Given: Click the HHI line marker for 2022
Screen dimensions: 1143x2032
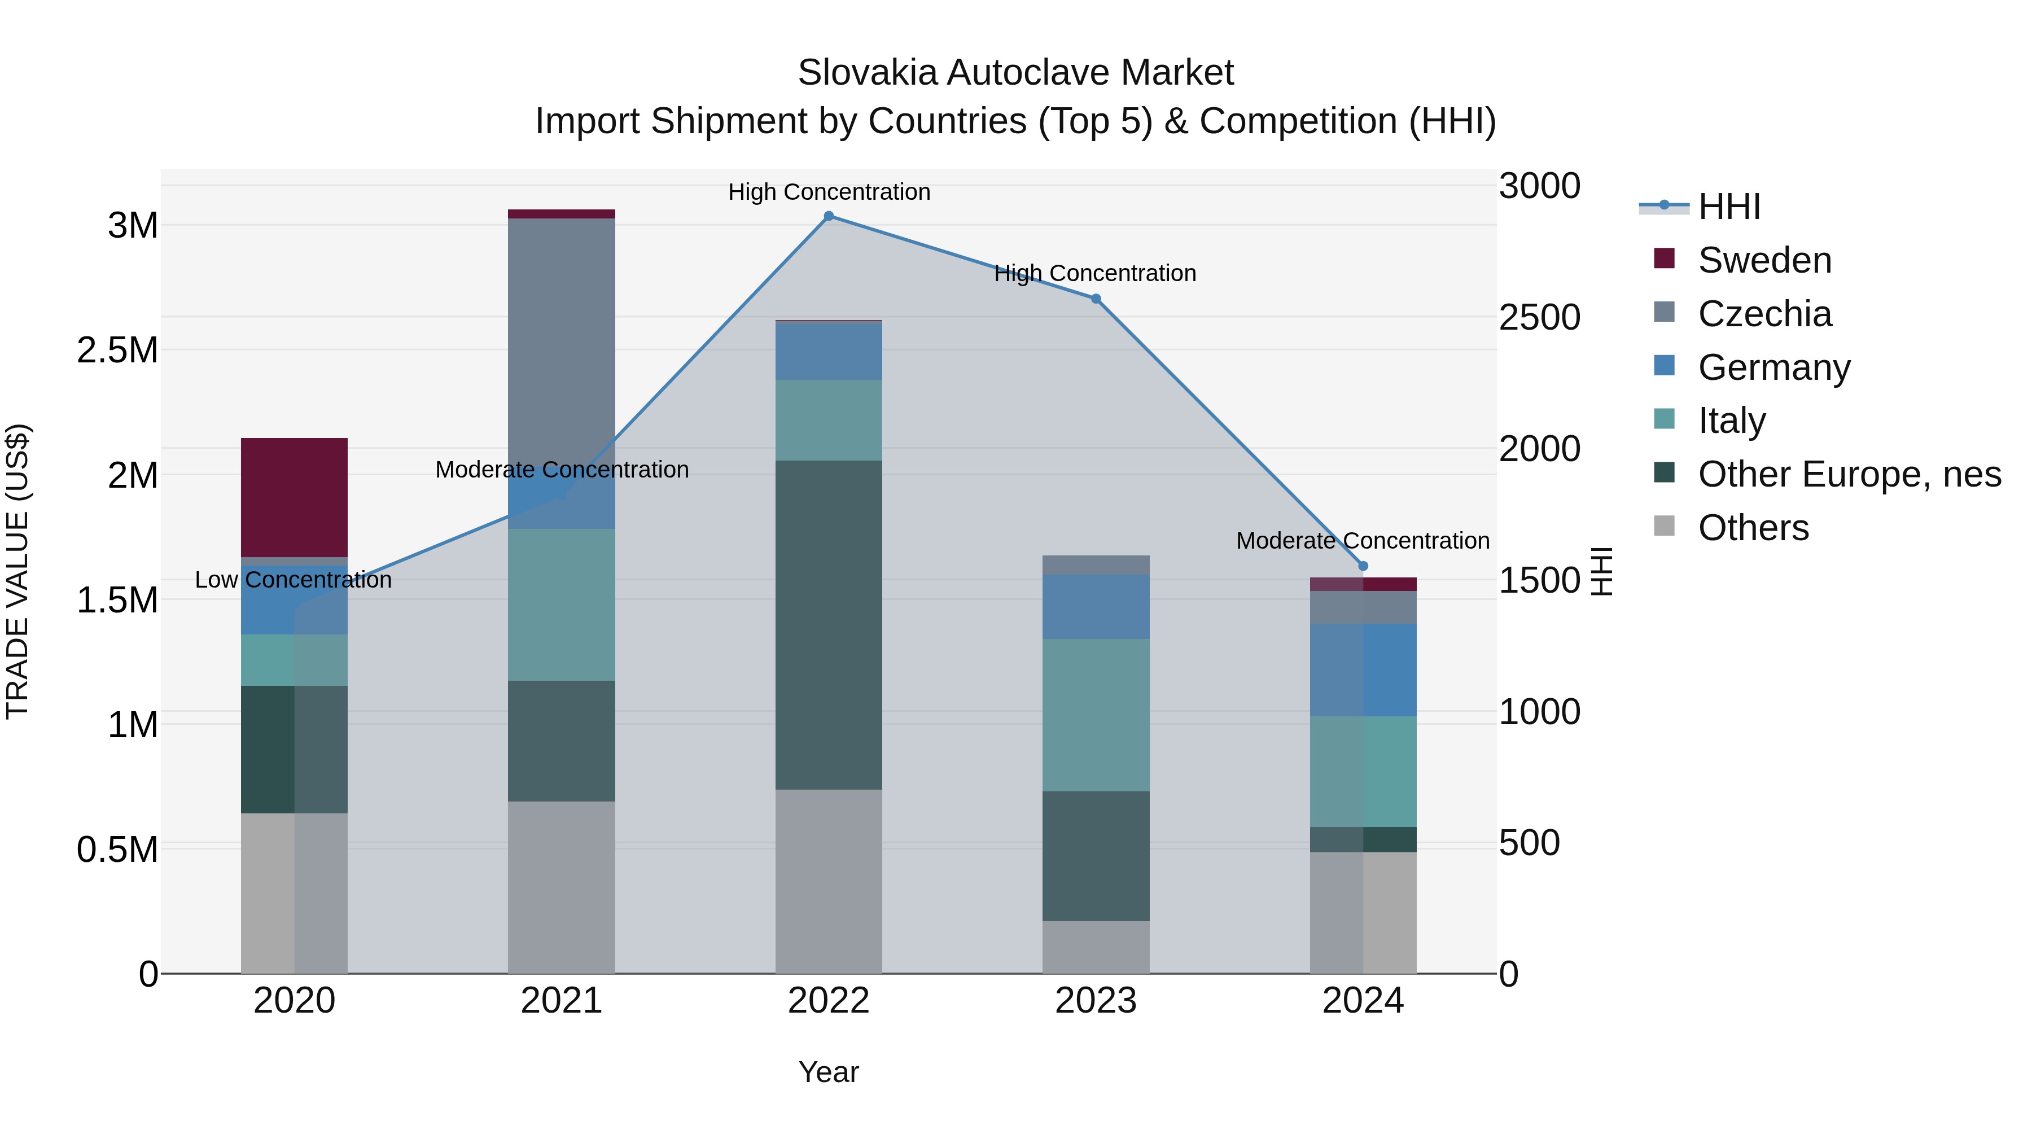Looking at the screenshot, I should (828, 216).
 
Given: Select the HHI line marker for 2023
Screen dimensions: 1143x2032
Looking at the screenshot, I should (1096, 299).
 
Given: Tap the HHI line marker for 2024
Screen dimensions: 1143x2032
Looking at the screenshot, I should (1363, 566).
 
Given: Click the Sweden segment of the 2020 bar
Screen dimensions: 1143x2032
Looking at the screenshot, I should (294, 497).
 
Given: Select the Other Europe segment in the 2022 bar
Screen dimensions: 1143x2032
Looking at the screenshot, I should (828, 625).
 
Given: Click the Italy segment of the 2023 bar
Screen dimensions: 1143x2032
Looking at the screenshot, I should (1096, 715).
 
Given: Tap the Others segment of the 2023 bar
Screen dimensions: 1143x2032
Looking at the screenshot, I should (1096, 947).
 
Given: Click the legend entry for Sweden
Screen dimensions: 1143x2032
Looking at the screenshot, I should (1764, 260).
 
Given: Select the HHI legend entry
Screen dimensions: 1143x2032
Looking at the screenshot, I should (1728, 207).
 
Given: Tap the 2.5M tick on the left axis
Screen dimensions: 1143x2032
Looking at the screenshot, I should (117, 350).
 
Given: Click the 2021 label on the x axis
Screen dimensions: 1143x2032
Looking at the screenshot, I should (561, 1001).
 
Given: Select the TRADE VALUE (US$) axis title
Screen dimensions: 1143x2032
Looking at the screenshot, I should (17, 571).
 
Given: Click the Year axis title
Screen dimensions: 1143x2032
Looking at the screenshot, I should (828, 1072).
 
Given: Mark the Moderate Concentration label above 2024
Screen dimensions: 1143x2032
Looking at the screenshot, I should (1363, 541).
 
